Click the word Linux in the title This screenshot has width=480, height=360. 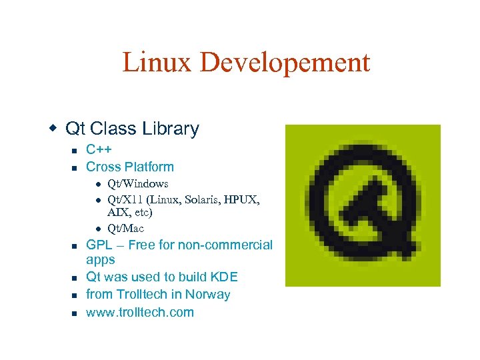(x=157, y=63)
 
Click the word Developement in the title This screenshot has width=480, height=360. (x=285, y=63)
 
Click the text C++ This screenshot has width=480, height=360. (x=99, y=149)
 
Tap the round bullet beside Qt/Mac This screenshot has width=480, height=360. (x=97, y=229)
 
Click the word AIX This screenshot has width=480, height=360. (x=117, y=213)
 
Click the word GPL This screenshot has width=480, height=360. (x=99, y=245)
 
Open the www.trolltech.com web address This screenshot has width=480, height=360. (x=140, y=312)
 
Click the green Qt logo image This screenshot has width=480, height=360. (x=363, y=205)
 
